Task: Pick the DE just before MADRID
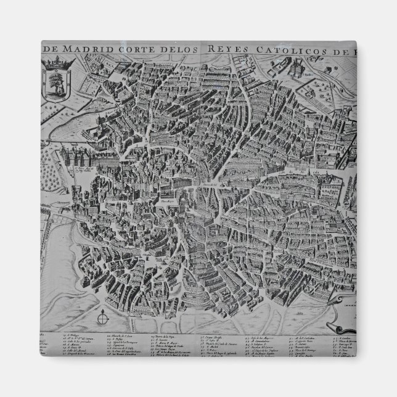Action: pos(50,50)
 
